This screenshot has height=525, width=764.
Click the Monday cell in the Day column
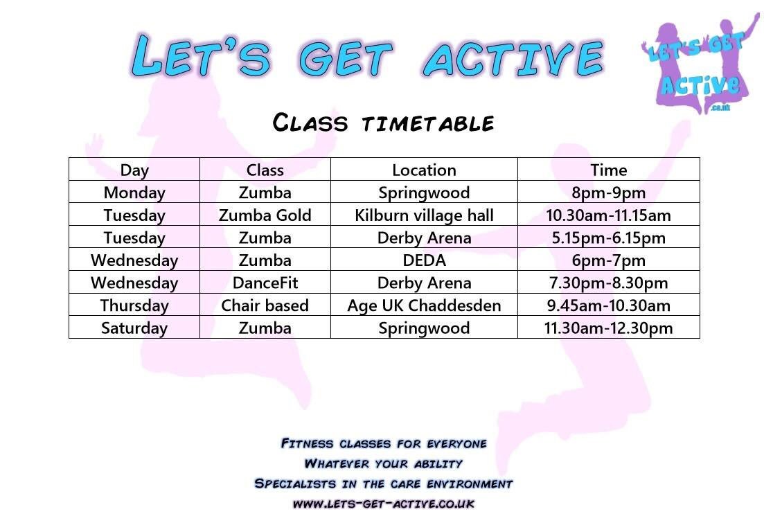pos(134,193)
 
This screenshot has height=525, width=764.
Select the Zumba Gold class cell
pos(265,215)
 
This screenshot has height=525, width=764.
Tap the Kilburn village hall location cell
pos(424,215)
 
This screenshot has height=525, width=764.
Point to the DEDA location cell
pos(424,260)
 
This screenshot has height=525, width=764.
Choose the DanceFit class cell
pos(265,283)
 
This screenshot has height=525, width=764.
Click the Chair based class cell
pos(265,305)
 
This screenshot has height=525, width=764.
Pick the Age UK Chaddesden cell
pos(424,305)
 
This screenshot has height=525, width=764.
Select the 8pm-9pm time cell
pos(609,193)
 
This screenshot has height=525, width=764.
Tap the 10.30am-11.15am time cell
pos(609,215)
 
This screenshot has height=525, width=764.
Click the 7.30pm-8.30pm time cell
pos(609,283)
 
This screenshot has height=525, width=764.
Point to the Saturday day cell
pos(134,328)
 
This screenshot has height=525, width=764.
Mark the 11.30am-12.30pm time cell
pos(609,328)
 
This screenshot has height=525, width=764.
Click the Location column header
pos(424,170)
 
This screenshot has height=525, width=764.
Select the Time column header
pos(609,170)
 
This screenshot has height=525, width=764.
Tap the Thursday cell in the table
pos(134,305)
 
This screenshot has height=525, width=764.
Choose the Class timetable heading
pos(383,123)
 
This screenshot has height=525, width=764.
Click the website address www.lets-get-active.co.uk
pos(383,504)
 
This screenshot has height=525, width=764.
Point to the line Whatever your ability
pos(383,463)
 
